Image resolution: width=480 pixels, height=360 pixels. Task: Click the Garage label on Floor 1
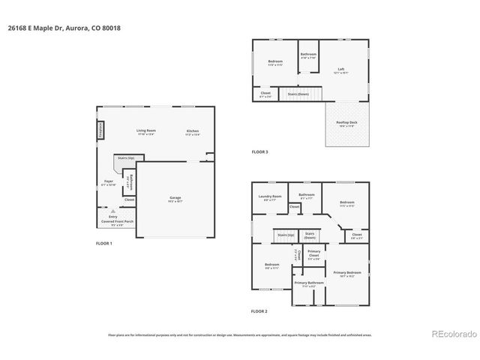[x=174, y=199]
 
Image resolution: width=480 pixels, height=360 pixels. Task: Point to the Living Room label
[x=145, y=133]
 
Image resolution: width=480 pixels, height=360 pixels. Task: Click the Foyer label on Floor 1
[x=109, y=183]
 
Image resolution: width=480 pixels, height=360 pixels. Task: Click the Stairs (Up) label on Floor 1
[x=125, y=158]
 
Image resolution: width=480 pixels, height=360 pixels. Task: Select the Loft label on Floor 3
[x=340, y=70]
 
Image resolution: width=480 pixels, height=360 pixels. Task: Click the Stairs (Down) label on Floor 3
[x=298, y=94]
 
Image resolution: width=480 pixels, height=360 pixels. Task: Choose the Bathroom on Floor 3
[x=309, y=55]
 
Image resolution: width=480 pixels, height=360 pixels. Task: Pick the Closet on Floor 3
[x=265, y=94]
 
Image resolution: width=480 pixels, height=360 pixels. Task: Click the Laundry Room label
[x=268, y=198]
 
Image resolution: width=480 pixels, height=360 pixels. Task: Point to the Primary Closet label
[x=314, y=255]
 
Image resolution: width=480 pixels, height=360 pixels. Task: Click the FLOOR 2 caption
[x=259, y=310]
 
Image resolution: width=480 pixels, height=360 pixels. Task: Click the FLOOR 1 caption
[x=103, y=244]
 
